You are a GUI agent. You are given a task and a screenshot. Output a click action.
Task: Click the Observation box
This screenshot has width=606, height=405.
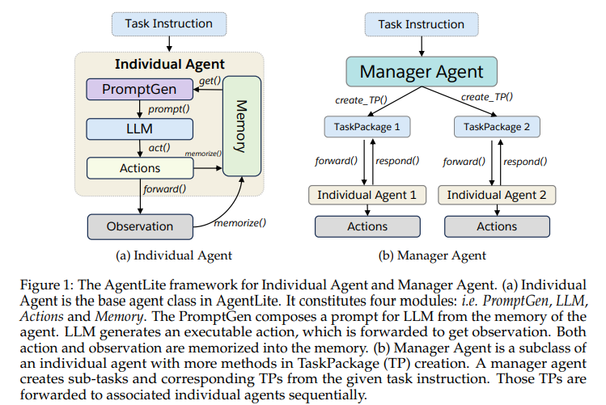click(x=141, y=226)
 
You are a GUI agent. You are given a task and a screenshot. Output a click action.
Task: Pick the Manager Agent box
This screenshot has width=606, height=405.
click(x=422, y=72)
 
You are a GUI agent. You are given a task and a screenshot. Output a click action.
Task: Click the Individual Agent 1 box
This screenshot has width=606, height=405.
click(x=367, y=195)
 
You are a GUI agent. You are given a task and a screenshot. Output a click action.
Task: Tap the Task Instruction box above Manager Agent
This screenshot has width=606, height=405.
click(x=422, y=24)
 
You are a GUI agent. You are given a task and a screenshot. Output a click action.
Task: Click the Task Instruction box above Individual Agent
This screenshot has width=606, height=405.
click(x=169, y=23)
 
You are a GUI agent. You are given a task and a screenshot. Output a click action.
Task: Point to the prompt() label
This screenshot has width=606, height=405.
click(x=167, y=108)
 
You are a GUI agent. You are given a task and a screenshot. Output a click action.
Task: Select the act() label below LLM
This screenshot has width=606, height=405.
click(x=159, y=148)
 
